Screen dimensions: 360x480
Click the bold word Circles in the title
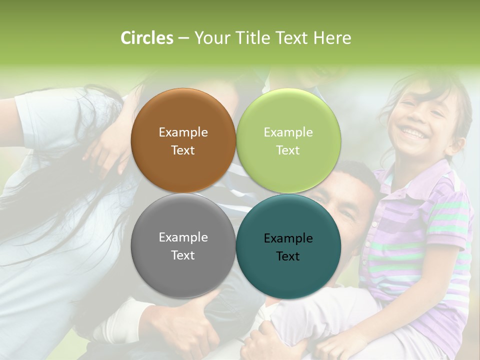tap(146, 38)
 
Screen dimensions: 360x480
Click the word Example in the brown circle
tap(183, 132)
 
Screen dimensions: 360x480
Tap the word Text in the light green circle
tap(288, 150)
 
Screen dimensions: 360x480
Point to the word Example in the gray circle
tap(183, 237)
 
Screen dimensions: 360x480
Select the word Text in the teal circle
tap(288, 256)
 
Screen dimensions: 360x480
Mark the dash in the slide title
tap(183, 38)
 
